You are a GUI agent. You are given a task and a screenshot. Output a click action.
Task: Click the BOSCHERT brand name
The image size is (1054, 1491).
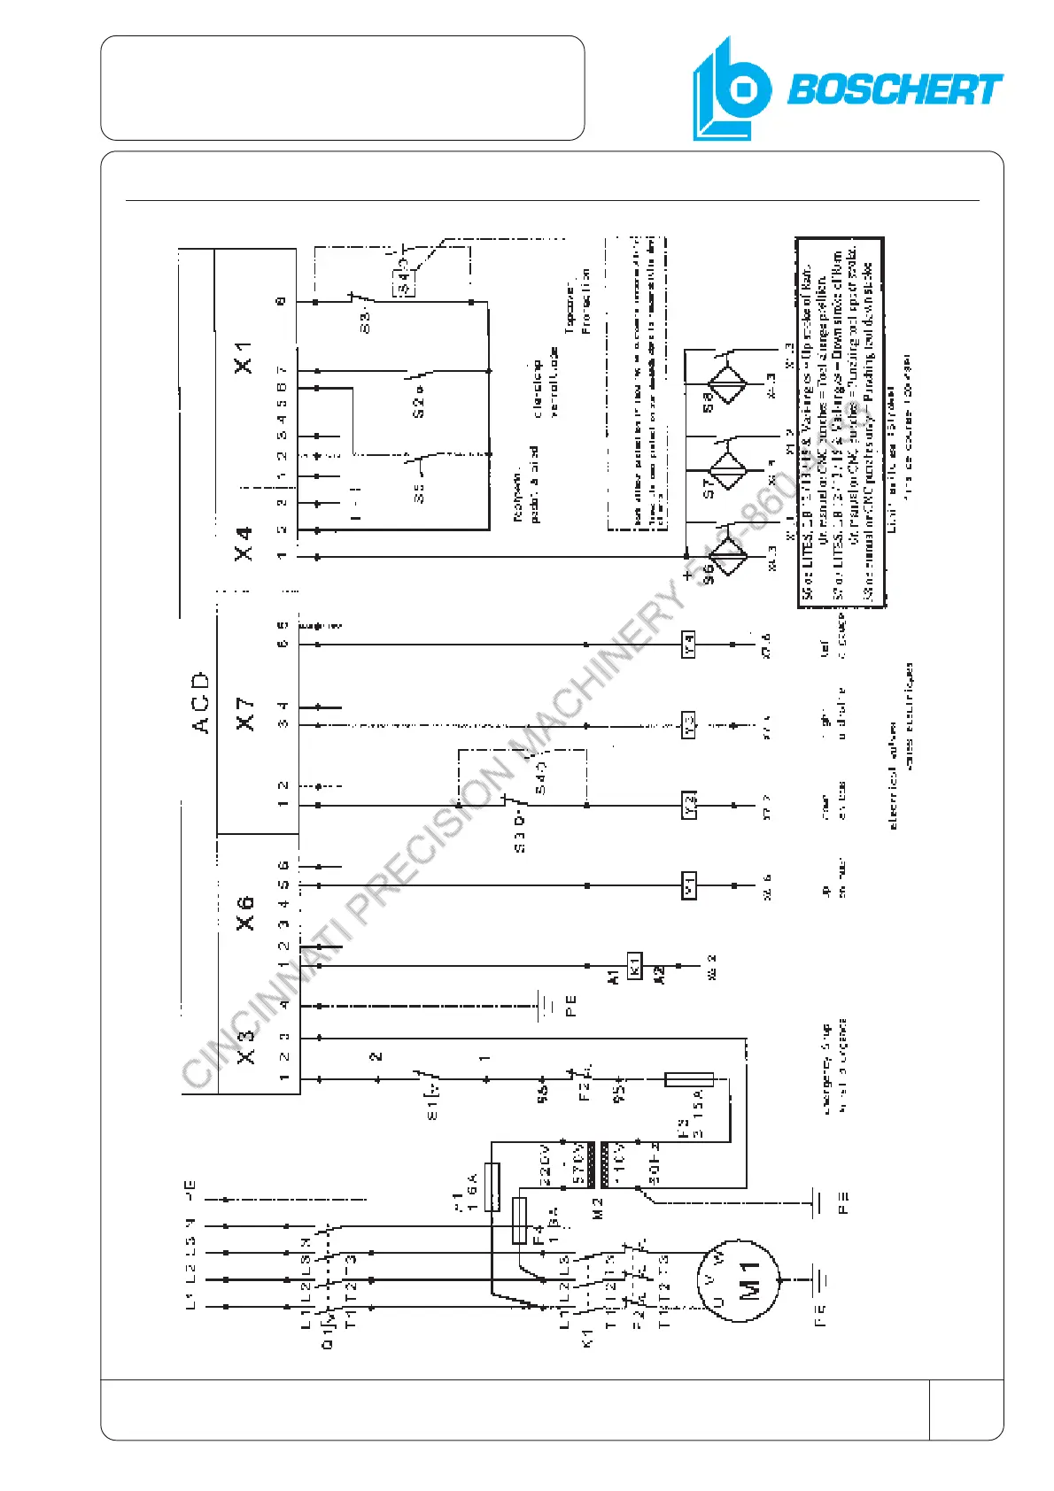click(895, 89)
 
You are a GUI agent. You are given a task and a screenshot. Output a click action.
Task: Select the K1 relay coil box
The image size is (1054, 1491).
click(634, 965)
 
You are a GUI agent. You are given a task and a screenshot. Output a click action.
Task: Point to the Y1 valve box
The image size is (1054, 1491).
click(689, 885)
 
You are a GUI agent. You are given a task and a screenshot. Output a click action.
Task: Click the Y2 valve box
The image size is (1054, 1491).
click(689, 805)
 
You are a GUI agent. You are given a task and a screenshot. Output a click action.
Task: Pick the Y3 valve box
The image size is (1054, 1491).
click(689, 725)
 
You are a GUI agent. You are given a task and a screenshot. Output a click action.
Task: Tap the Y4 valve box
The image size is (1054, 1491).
click(689, 645)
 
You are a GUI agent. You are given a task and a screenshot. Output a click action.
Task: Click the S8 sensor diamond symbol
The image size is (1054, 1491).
click(727, 383)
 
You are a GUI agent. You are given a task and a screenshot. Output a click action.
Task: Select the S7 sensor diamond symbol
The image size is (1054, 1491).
click(727, 470)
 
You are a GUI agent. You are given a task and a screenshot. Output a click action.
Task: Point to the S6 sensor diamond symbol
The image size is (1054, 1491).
click(727, 557)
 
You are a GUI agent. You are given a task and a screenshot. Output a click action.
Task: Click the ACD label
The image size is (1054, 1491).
click(200, 702)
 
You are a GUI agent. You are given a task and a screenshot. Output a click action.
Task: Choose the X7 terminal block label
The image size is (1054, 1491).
click(244, 713)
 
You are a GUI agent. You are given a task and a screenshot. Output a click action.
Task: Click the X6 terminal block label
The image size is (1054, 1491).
click(244, 912)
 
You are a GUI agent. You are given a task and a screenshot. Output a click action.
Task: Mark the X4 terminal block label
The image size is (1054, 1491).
click(244, 542)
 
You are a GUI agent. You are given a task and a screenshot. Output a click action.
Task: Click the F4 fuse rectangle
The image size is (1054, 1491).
click(520, 1220)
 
